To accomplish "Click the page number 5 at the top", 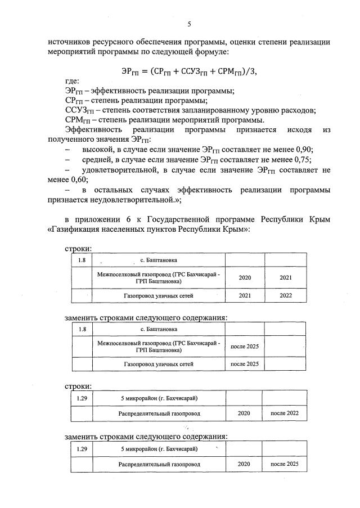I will pyautogui.click(x=189, y=24).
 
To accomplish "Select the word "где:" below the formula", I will pyautogui.click(x=73, y=82).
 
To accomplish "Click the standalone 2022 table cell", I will pyautogui.click(x=286, y=295).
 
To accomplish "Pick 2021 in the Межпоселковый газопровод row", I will pyautogui.click(x=286, y=277).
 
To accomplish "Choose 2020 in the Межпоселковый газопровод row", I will pyautogui.click(x=245, y=277).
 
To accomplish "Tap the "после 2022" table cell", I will pyautogui.click(x=285, y=413).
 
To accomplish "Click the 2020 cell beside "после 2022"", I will pyautogui.click(x=244, y=413).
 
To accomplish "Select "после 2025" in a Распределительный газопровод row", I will pyautogui.click(x=285, y=464).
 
